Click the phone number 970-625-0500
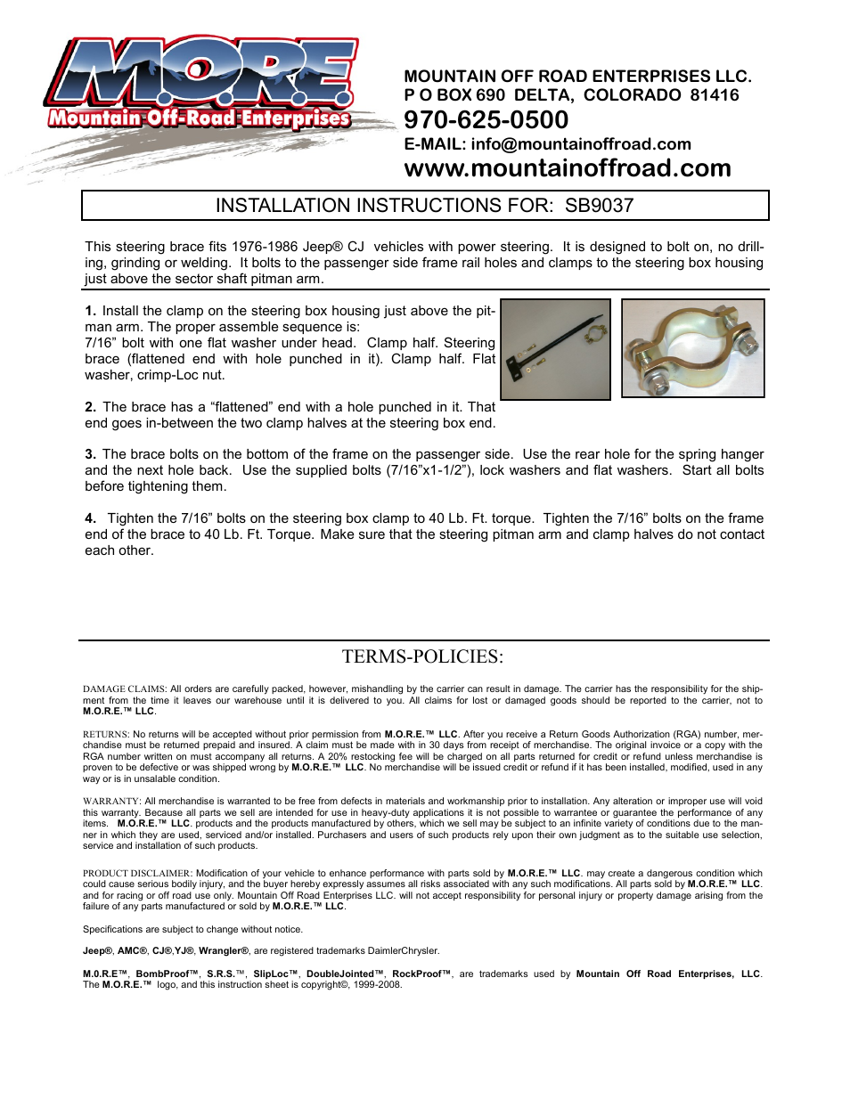coord(486,120)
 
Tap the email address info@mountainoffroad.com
coord(581,144)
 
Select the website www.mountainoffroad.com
coord(567,168)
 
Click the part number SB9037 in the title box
coord(599,206)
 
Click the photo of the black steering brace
coord(555,349)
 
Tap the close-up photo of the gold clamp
coord(692,348)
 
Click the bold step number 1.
coord(90,311)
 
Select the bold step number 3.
coord(90,454)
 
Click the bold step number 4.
coord(90,518)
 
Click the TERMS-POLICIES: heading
coord(422,656)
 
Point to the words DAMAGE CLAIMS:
coord(124,689)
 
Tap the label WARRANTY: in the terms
coord(111,802)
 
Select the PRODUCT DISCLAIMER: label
coord(137,874)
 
